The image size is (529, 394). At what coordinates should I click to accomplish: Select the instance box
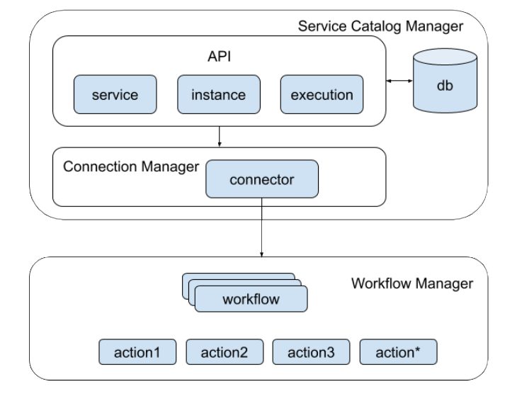(219, 94)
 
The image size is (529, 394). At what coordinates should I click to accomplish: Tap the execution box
(322, 94)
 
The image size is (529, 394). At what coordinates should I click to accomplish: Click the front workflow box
(251, 299)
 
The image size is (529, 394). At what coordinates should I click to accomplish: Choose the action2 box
(224, 351)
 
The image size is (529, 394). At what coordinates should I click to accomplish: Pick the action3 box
(311, 351)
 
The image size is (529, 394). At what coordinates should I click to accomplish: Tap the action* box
(399, 351)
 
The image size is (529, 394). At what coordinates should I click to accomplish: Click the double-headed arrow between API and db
(399, 83)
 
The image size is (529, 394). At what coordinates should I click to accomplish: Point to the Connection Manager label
(130, 167)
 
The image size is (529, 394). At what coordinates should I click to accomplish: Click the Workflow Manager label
(411, 284)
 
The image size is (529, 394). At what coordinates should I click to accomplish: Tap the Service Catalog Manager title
(380, 27)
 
